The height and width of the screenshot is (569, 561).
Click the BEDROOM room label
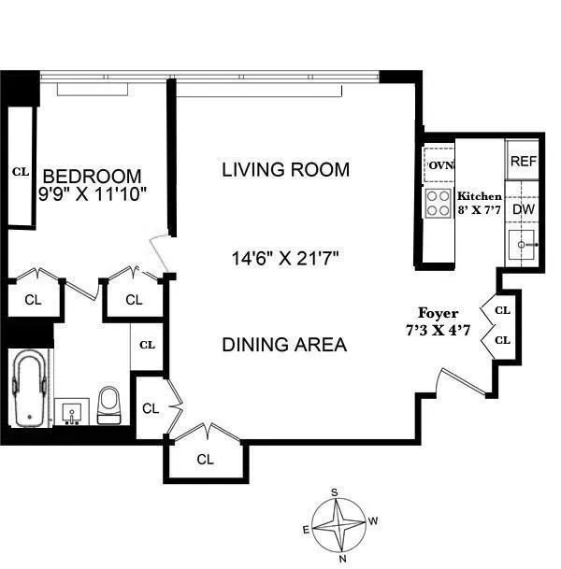point(93,176)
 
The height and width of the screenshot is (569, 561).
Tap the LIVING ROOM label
point(285,170)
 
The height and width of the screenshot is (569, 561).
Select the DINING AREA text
point(284,345)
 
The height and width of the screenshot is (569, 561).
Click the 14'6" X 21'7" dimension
point(285,257)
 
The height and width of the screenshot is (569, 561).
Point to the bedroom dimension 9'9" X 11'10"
point(93,194)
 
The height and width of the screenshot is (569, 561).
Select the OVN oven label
point(439,166)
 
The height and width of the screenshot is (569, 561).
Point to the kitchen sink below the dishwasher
point(523,248)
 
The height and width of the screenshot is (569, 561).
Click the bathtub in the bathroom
point(29,388)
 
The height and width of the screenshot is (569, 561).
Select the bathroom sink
point(71,411)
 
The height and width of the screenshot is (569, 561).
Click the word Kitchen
point(479,197)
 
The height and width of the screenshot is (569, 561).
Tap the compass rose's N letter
point(342,558)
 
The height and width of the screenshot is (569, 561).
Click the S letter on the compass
point(334,492)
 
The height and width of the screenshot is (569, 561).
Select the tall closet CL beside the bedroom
point(20,171)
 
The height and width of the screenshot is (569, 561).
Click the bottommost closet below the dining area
point(206,460)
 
